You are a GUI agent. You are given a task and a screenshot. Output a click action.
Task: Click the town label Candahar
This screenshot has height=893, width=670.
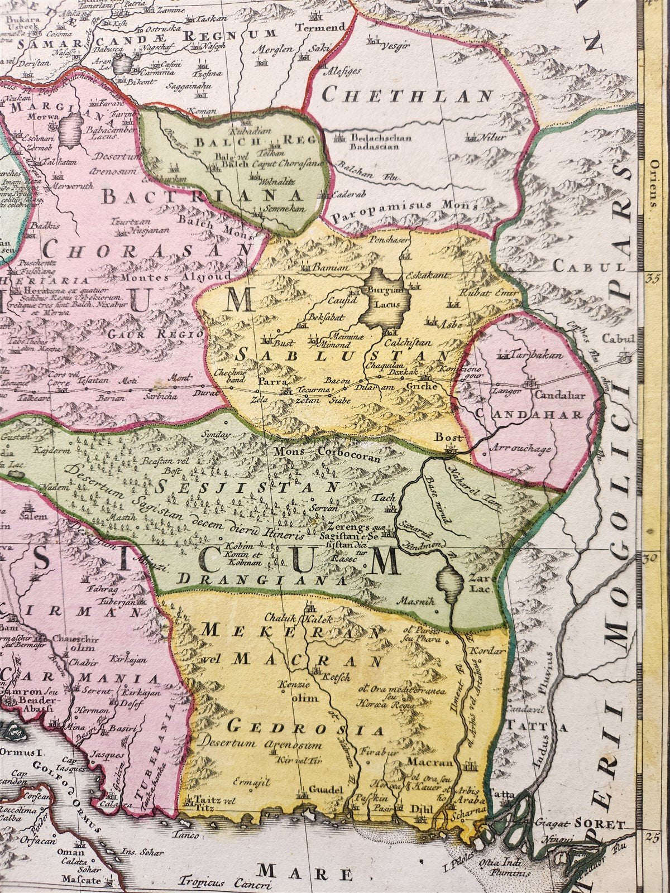coord(555,395)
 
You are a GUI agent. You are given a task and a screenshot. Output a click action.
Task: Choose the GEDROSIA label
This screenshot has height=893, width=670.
coord(307,727)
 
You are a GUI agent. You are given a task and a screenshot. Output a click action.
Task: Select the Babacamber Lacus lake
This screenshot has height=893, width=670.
coord(70,128)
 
